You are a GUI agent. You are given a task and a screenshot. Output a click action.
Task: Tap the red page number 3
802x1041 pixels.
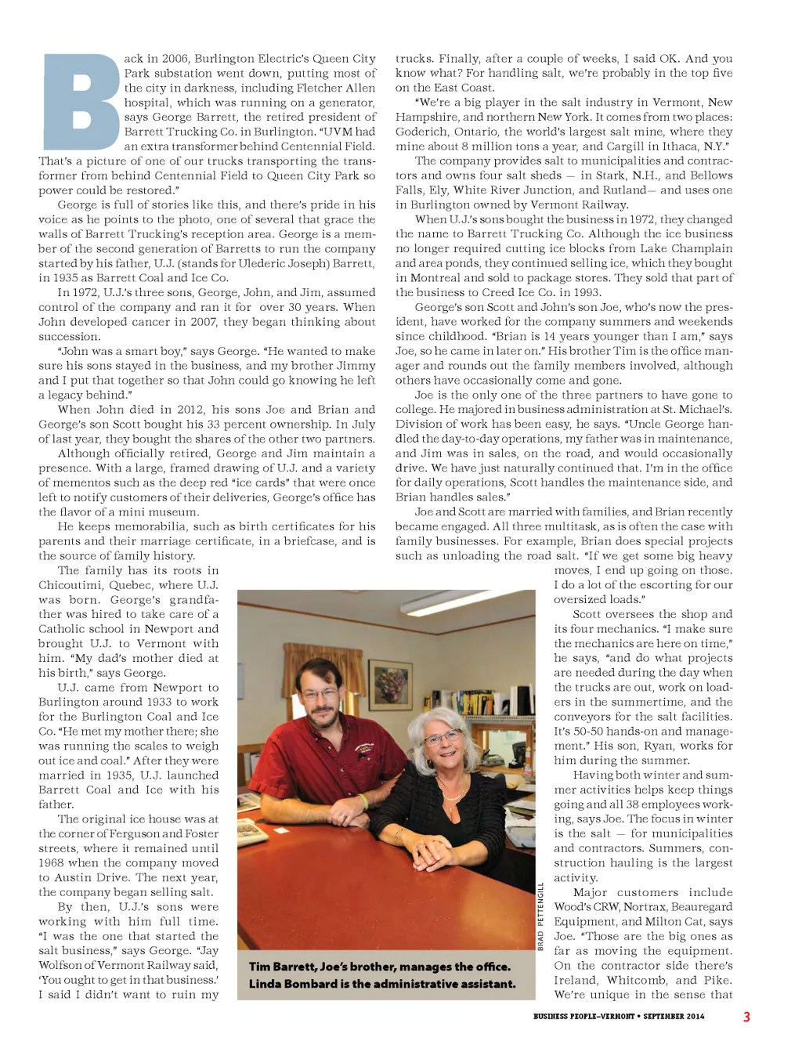click(746, 1017)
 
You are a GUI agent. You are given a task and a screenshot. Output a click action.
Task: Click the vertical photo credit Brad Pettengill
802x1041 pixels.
click(540, 916)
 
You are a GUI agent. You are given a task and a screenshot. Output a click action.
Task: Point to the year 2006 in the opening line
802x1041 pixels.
click(174, 59)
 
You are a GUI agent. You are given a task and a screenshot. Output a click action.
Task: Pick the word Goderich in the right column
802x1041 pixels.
click(421, 132)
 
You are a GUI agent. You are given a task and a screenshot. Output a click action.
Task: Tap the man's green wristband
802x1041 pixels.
click(363, 801)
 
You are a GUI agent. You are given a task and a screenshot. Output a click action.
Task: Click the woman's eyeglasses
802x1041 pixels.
click(442, 736)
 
